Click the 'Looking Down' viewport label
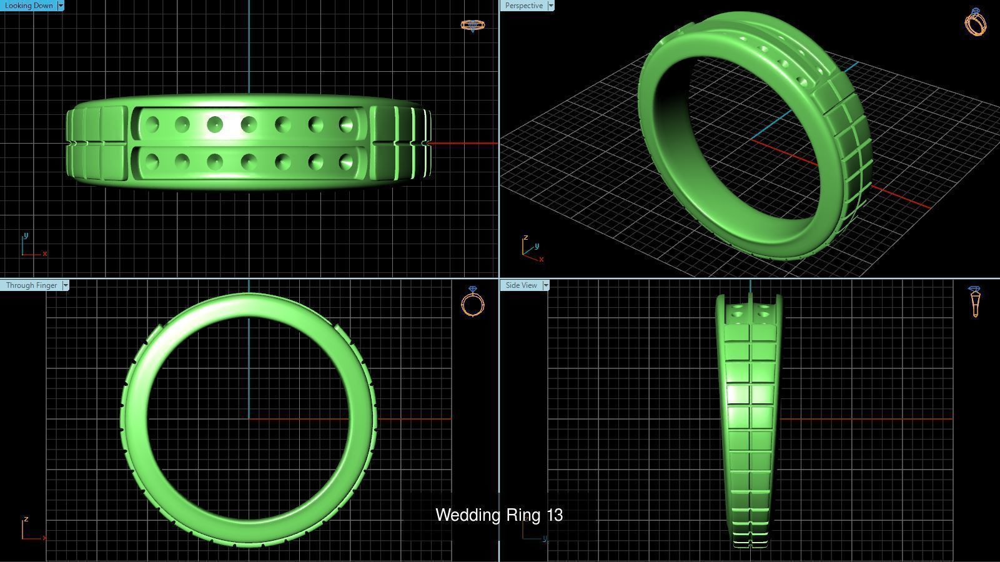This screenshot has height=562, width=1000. coord(29,6)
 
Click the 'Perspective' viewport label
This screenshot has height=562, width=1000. coord(523,6)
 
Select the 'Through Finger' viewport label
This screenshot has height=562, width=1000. coord(31,285)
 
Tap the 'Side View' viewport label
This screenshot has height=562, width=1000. coord(521,285)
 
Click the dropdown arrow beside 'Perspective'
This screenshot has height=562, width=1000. coord(550,6)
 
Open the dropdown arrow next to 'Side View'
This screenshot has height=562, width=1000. coord(545,285)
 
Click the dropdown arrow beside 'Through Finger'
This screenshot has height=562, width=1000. coord(66,285)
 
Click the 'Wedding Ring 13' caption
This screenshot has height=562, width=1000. coord(498,515)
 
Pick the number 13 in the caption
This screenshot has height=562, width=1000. coord(554,515)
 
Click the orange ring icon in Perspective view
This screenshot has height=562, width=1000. coord(976,22)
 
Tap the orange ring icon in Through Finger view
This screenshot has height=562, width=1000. coord(473,302)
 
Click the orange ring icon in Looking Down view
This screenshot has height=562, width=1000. coord(472,26)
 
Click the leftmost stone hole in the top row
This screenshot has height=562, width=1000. coord(152,125)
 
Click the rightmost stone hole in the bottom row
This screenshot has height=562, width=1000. coord(346,162)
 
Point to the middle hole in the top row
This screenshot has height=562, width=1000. coord(249,124)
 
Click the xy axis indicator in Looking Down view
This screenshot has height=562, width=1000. coord(32,246)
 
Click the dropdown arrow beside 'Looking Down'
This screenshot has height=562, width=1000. coord(60,6)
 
